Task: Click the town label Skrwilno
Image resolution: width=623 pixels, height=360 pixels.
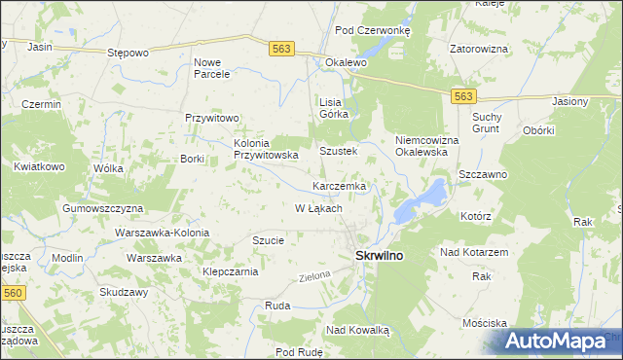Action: click(x=373, y=255)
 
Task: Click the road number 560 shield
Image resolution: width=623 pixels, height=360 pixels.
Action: click(x=14, y=293)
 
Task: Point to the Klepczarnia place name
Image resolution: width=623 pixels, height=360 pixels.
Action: click(x=230, y=272)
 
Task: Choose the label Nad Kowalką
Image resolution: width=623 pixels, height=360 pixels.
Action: click(x=357, y=331)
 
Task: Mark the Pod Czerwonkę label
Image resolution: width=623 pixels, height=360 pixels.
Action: click(x=373, y=30)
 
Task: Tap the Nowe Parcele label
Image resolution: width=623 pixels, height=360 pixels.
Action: click(x=212, y=67)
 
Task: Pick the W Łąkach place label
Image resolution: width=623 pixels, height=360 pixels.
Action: click(x=318, y=208)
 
